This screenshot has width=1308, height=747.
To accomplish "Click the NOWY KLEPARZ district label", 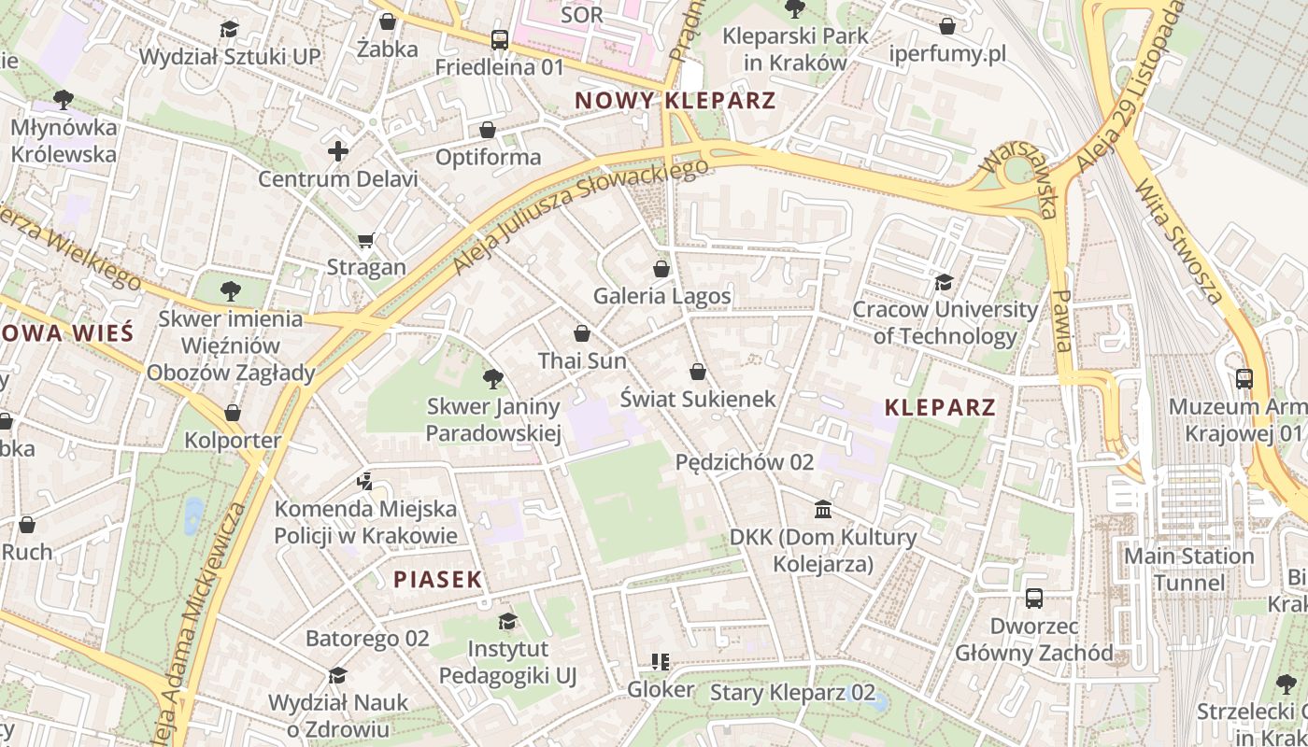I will tap(675, 100).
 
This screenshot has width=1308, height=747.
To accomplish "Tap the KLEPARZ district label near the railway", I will tap(940, 407).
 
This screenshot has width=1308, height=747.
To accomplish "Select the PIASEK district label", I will tap(437, 579).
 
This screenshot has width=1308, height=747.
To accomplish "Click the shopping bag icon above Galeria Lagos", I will tap(661, 269).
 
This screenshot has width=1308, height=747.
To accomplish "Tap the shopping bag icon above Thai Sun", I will tap(582, 333).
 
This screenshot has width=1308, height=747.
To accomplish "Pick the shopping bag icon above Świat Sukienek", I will tap(697, 372).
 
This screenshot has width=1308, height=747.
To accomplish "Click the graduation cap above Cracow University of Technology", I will tap(945, 282).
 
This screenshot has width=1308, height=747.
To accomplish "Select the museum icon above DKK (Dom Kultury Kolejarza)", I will tap(823, 509).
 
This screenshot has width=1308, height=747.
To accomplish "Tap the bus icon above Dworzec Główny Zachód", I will tap(1034, 598).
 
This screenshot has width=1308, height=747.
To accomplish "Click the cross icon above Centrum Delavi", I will tap(338, 151).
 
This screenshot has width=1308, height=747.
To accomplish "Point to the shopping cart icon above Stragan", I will tap(366, 240).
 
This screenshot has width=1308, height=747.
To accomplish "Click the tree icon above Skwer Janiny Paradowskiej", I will tap(492, 379).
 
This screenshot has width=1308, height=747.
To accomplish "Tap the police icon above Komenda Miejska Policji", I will tap(365, 482).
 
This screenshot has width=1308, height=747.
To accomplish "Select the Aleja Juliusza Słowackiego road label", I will tap(580, 216).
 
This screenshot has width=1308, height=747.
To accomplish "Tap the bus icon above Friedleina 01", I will tap(500, 40).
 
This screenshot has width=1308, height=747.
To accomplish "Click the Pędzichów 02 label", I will tap(745, 461).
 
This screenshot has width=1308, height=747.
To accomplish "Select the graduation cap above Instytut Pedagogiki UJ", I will tap(507, 622).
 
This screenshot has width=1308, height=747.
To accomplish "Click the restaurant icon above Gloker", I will tap(661, 662).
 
